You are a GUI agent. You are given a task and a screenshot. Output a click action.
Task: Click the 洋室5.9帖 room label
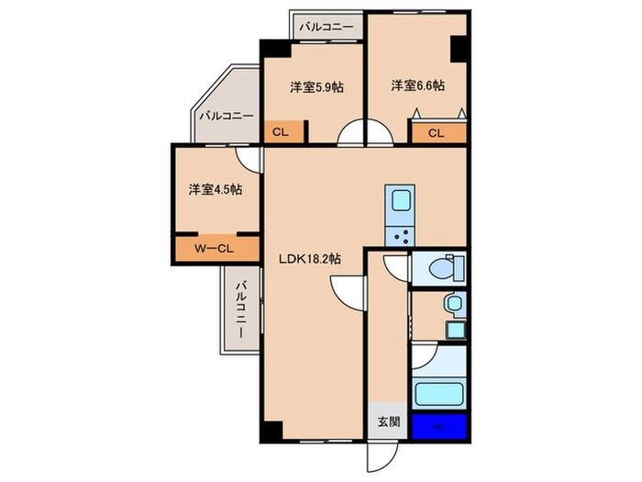tap(316, 87)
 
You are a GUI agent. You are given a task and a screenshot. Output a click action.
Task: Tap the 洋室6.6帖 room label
tap(417, 85)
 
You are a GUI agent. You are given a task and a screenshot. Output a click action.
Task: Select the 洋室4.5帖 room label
tap(216, 190)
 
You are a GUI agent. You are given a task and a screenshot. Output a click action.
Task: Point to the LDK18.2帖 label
tap(310, 260)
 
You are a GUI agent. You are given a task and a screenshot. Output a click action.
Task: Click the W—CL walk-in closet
tap(216, 249)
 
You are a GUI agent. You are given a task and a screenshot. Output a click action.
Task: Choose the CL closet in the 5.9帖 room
tap(280, 132)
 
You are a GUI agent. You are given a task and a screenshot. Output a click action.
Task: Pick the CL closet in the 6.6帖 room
tap(436, 133)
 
